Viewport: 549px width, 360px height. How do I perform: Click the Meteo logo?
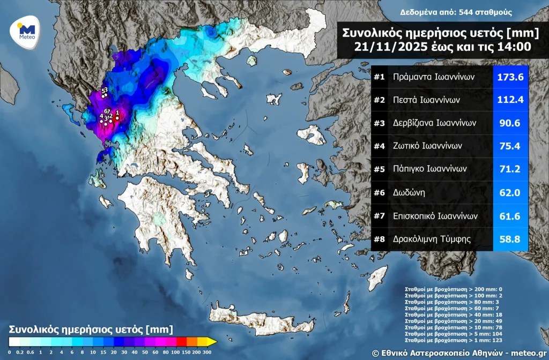[26, 32]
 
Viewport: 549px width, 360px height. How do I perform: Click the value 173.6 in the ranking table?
[510, 77]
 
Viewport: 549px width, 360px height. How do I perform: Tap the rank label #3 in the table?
[380, 123]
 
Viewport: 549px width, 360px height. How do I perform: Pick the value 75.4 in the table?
[510, 146]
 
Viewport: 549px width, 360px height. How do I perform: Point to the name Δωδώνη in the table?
[409, 192]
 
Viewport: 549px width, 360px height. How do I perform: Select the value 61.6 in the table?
[510, 216]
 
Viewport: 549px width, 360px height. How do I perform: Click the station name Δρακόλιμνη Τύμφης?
[432, 239]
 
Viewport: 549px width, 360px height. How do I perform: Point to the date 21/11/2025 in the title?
[389, 47]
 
